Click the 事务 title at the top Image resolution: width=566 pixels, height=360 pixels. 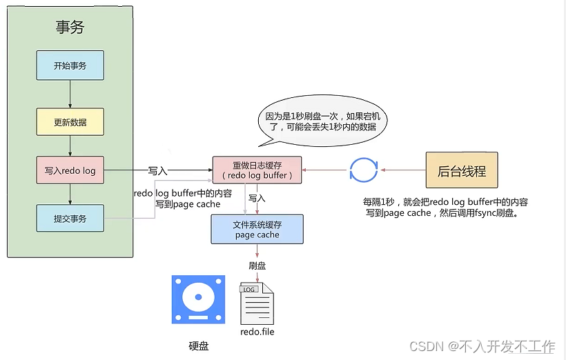pyautogui.click(x=70, y=27)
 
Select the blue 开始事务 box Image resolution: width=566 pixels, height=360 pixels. pyautogui.click(x=70, y=66)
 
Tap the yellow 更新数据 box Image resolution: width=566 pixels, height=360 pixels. pyautogui.click(x=70, y=122)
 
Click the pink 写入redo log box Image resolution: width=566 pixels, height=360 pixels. pyautogui.click(x=70, y=170)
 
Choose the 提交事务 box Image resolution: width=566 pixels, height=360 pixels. pyautogui.click(x=70, y=218)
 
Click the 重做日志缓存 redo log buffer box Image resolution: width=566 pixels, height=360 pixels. pyautogui.click(x=257, y=170)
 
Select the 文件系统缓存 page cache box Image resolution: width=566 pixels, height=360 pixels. pyautogui.click(x=257, y=230)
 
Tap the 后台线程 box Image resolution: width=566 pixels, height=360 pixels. pyautogui.click(x=462, y=170)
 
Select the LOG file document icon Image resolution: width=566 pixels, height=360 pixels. pyautogui.click(x=256, y=303)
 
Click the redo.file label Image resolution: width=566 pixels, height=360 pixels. pyautogui.click(x=257, y=332)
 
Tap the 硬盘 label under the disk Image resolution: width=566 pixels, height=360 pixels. pyautogui.click(x=198, y=346)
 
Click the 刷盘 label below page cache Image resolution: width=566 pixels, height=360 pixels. pyautogui.click(x=257, y=265)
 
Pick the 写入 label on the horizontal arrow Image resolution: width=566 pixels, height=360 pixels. pyautogui.click(x=157, y=170)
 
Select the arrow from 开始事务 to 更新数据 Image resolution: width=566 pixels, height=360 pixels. pyautogui.click(x=70, y=94)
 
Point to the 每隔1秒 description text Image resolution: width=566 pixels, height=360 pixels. pyautogui.click(x=445, y=208)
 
